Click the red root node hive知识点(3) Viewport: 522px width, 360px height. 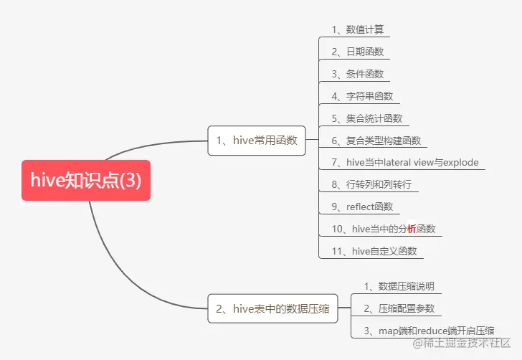tap(86, 180)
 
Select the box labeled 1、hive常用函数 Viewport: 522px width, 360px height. tap(256, 141)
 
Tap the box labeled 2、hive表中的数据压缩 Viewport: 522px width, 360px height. tap(272, 309)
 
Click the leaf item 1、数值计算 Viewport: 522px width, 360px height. tap(357, 29)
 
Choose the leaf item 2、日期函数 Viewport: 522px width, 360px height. tap(357, 52)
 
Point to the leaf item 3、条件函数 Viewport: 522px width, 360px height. tap(357, 74)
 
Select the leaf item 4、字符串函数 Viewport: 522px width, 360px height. tap(361, 96)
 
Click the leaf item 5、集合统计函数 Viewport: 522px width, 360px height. tap(366, 118)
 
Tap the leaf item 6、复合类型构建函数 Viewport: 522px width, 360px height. tap(376, 141)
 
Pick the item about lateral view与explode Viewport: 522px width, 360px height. tap(405, 162)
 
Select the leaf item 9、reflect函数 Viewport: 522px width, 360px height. tap(362, 207)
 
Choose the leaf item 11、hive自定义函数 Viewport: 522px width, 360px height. tap(374, 251)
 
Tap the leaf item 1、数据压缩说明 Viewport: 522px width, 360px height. tap(398, 286)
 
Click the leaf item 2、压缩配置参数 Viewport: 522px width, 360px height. tap(398, 308)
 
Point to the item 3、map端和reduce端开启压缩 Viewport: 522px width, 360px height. tap(429, 331)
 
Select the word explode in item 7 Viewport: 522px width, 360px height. tap(460, 162)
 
